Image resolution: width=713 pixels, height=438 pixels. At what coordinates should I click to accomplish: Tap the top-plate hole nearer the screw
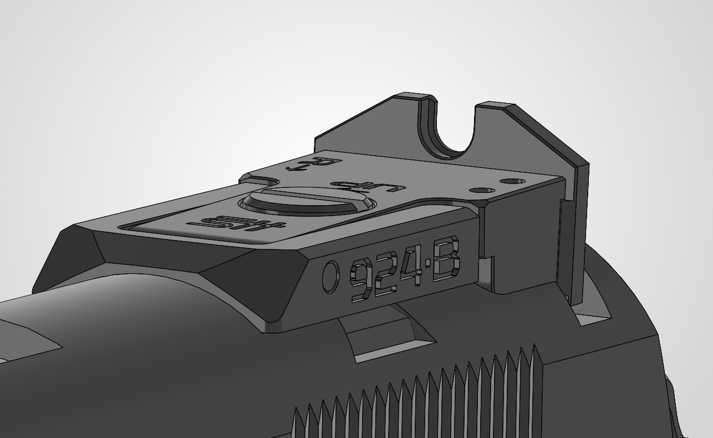[x=482, y=190]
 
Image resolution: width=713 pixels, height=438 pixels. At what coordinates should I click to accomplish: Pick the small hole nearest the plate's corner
[x=513, y=181]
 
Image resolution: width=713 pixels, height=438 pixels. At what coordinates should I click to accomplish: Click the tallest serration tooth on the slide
[x=536, y=366]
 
